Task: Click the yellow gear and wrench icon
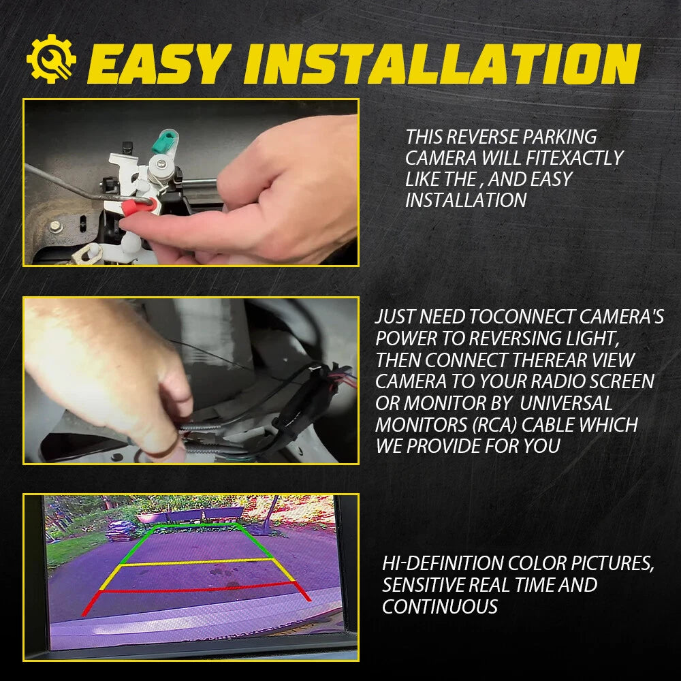point(51,59)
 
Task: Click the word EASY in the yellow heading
point(159,63)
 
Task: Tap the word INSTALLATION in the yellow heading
point(442,63)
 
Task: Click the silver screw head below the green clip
point(160,164)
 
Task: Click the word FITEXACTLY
point(575,158)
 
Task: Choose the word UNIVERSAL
point(566,403)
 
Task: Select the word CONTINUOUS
point(440,607)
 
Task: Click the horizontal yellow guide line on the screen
point(198,563)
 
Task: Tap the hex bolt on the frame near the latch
point(56,226)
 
